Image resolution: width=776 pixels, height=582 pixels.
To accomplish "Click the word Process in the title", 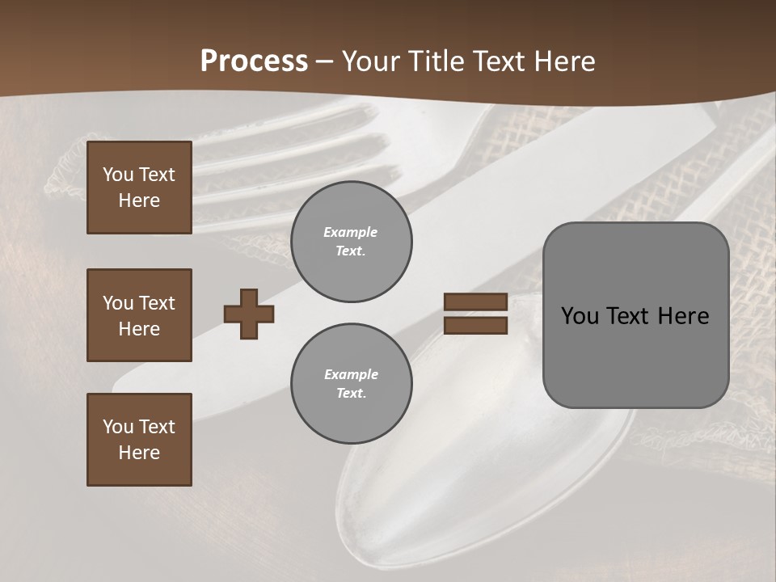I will click(x=254, y=61).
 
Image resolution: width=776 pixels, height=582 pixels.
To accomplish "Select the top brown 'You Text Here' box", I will click(x=139, y=188).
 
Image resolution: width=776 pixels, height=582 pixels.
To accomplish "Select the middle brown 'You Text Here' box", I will click(x=139, y=315).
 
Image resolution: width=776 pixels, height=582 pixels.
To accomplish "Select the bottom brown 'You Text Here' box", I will click(x=139, y=440).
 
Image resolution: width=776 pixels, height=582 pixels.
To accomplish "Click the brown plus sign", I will click(x=249, y=314).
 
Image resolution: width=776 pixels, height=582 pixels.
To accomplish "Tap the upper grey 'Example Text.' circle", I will click(x=352, y=242).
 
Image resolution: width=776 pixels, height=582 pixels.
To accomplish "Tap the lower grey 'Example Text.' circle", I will click(x=352, y=384).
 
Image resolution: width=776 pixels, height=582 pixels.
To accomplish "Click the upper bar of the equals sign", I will click(x=475, y=302).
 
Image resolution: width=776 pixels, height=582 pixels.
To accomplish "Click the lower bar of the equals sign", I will click(x=475, y=325).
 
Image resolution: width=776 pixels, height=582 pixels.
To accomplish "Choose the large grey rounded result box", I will click(x=635, y=315).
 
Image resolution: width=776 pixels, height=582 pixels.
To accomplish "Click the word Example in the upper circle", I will click(x=351, y=232).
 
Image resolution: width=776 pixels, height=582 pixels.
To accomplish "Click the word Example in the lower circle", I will click(x=351, y=374).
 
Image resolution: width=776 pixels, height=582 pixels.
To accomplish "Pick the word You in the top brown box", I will click(x=117, y=175).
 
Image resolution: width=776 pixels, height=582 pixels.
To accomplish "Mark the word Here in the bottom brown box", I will click(x=139, y=453).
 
